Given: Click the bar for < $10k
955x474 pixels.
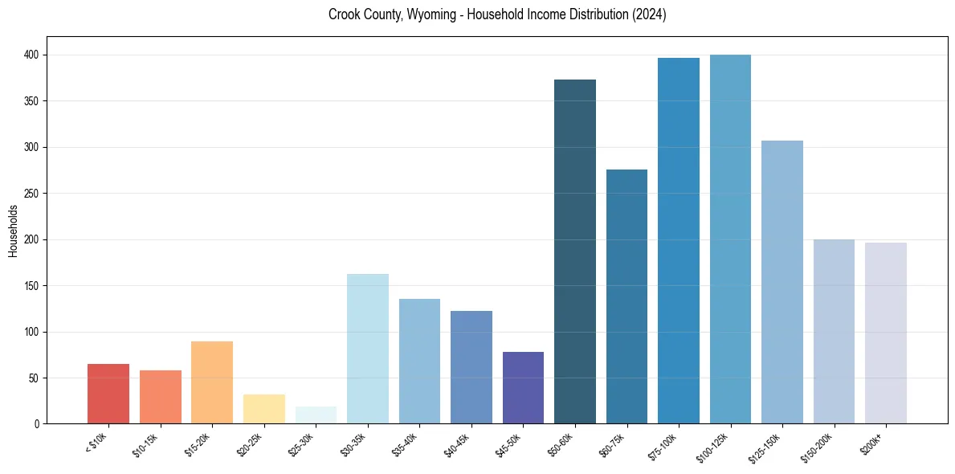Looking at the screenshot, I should pyautogui.click(x=108, y=394).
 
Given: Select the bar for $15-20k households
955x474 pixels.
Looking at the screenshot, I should pyautogui.click(x=212, y=382).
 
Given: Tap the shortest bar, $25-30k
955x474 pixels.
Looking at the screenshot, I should pyautogui.click(x=316, y=415).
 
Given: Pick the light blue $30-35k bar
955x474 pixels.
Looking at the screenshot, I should pyautogui.click(x=368, y=349).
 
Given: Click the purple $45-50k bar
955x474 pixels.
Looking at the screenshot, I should pyautogui.click(x=523, y=387).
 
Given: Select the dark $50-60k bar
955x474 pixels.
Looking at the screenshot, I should pyautogui.click(x=575, y=251).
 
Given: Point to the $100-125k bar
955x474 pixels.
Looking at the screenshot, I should pyautogui.click(x=730, y=239).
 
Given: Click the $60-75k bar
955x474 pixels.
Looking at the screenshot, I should pyautogui.click(x=626, y=296).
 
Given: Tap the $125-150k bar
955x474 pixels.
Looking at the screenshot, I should pyautogui.click(x=782, y=282).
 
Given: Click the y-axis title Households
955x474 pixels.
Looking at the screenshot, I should pyautogui.click(x=13, y=231).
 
